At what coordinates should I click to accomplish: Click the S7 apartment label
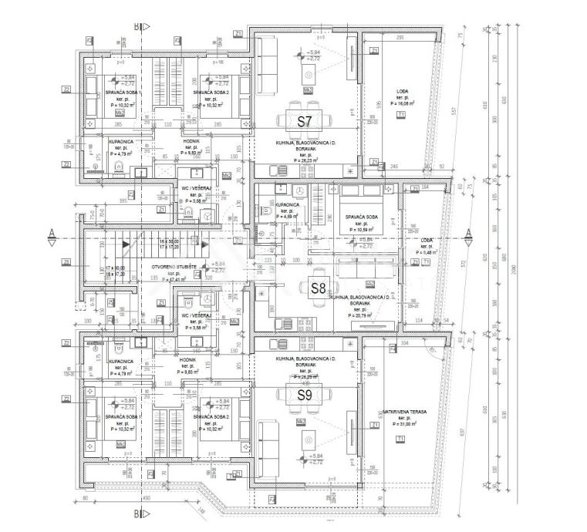[305, 120]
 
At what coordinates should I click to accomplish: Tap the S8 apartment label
[319, 288]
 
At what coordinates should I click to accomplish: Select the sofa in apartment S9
[268, 438]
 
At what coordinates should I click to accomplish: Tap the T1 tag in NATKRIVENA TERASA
[400, 439]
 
